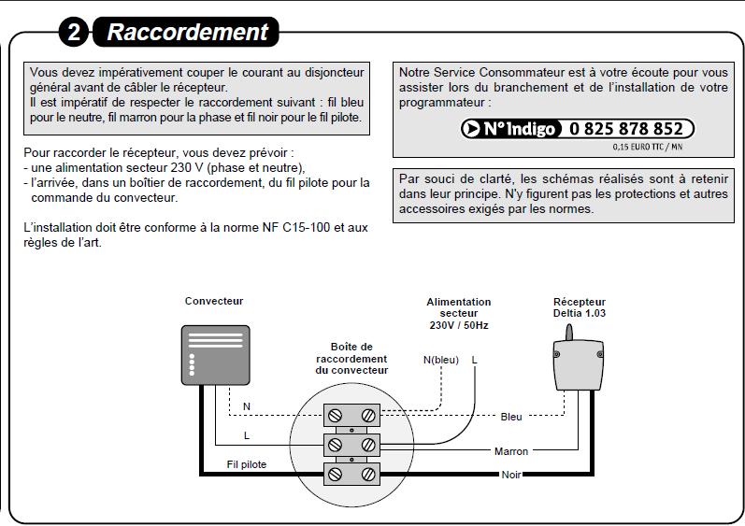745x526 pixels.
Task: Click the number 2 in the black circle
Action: click(x=74, y=33)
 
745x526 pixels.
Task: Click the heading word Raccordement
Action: click(x=187, y=32)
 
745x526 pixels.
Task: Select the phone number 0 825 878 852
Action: click(x=626, y=129)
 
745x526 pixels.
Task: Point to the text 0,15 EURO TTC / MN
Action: click(x=648, y=147)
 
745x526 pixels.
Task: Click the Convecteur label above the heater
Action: click(x=214, y=301)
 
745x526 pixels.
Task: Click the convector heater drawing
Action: click(x=214, y=355)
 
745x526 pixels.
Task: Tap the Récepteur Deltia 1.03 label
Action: click(x=580, y=307)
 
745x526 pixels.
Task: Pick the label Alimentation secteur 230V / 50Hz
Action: click(x=458, y=313)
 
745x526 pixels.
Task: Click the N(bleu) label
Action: click(x=441, y=360)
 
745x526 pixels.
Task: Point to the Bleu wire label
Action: click(x=511, y=417)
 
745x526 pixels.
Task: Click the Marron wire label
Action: click(x=511, y=451)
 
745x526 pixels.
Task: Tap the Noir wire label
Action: click(x=511, y=475)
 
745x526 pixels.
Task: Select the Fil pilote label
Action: click(x=247, y=463)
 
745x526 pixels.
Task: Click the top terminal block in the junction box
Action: click(x=351, y=414)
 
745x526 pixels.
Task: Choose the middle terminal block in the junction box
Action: click(x=351, y=444)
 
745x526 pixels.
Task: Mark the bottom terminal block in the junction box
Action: click(x=351, y=474)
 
